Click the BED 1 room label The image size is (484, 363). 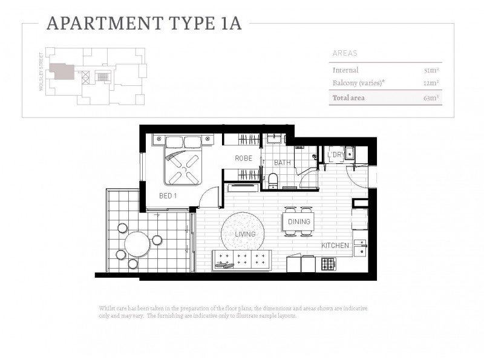click(x=168, y=196)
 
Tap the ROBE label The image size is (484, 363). click(x=244, y=158)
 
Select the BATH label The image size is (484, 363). click(x=282, y=163)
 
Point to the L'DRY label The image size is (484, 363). click(x=335, y=155)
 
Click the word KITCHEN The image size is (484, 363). click(x=335, y=246)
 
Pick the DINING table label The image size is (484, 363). click(x=299, y=222)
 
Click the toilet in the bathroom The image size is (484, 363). click(x=273, y=179)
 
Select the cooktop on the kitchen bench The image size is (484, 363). click(x=328, y=264)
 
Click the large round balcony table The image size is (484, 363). click(x=137, y=245)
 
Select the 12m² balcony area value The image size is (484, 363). click(x=432, y=83)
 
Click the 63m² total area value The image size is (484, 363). click(x=431, y=97)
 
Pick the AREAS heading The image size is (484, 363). click(x=345, y=53)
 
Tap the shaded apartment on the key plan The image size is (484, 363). click(x=61, y=71)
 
